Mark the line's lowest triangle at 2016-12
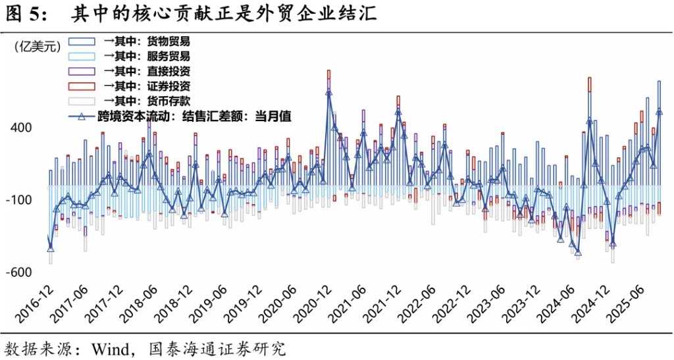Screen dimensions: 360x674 (51, 249)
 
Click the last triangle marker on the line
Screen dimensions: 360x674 (660, 112)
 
